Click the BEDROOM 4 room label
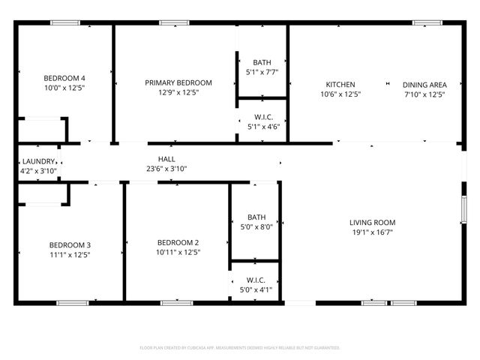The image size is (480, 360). [x=64, y=78]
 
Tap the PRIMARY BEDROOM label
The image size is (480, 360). [x=178, y=82]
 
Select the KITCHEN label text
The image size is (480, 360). [x=340, y=85]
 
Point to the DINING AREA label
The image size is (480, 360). [x=424, y=85]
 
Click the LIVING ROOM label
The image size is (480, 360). [x=372, y=223]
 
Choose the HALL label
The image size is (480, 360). [x=166, y=159]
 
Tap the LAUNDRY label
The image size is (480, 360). [x=39, y=161]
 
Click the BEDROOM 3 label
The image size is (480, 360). [x=70, y=245]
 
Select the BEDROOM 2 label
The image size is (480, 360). [x=178, y=242]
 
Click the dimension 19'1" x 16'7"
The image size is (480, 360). [x=372, y=232]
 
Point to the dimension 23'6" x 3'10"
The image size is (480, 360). [x=166, y=169]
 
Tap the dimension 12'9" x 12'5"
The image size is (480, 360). [x=178, y=93]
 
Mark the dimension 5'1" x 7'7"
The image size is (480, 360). [x=262, y=73]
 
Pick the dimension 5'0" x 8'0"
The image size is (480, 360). [x=256, y=226]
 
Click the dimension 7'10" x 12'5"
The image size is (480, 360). [x=424, y=94]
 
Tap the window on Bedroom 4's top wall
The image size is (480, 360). [x=65, y=23]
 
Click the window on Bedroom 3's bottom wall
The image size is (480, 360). [x=73, y=303]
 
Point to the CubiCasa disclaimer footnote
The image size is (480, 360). [x=240, y=348]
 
